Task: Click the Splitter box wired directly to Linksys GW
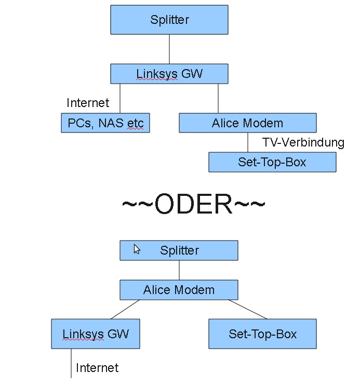(169, 20)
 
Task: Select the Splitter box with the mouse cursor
(179, 250)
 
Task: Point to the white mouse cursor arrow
(137, 249)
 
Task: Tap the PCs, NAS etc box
(105, 124)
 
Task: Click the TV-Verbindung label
(303, 142)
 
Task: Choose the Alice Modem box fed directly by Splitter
(179, 290)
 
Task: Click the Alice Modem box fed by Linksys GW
(247, 124)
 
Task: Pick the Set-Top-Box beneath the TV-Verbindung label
(272, 162)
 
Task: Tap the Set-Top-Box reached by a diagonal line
(262, 334)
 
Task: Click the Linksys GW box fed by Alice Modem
(96, 334)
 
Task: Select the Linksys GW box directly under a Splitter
(169, 74)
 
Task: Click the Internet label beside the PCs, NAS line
(88, 103)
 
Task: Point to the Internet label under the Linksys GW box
(97, 368)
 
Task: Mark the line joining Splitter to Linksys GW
(169, 49)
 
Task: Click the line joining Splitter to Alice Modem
(179, 270)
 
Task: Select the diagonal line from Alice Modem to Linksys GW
(126, 310)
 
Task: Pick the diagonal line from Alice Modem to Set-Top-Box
(247, 310)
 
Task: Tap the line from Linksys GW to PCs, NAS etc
(120, 99)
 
